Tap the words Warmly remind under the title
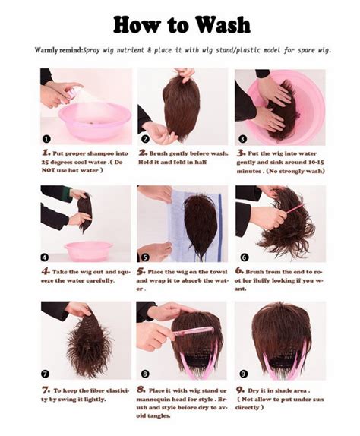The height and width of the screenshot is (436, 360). coord(58,50)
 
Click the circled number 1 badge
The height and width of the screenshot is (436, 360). coord(46,139)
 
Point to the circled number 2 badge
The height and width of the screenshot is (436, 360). coord(144,139)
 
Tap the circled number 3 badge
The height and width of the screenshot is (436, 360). coord(242,139)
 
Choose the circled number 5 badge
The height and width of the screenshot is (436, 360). coord(144,257)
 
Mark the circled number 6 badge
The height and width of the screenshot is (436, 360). coord(242,257)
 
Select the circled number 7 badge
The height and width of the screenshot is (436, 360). coord(46,374)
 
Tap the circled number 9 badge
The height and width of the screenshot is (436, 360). coord(242,374)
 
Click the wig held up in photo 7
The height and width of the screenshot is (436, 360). coord(90,346)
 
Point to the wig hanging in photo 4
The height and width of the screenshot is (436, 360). coord(84,212)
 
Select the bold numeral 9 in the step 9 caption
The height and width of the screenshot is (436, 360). coord(239,388)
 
